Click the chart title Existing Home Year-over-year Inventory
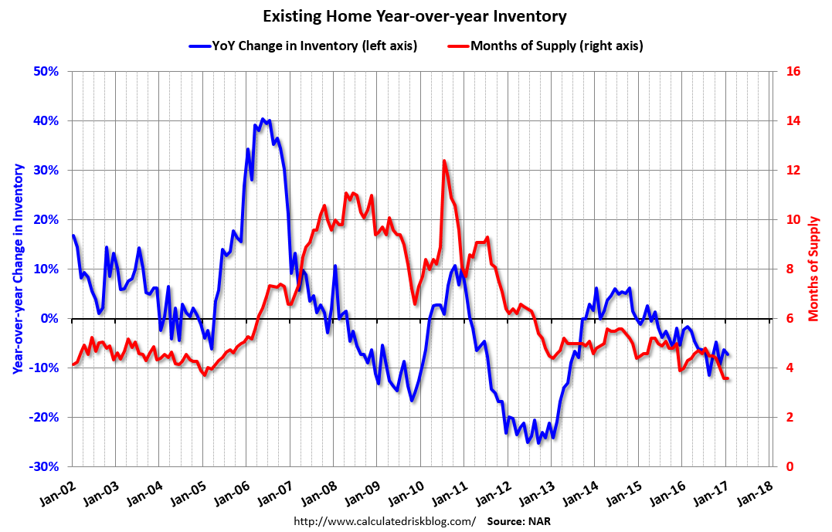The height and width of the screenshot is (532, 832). click(415, 16)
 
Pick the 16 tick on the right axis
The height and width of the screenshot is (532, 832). click(793, 72)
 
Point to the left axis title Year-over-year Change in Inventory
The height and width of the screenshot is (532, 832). click(17, 269)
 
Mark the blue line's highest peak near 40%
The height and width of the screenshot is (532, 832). click(263, 119)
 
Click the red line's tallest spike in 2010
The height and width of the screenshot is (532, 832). click(444, 161)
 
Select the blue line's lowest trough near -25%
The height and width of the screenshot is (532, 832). click(528, 442)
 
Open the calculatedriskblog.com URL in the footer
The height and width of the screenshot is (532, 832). click(385, 521)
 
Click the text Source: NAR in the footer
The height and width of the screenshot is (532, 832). click(518, 521)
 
